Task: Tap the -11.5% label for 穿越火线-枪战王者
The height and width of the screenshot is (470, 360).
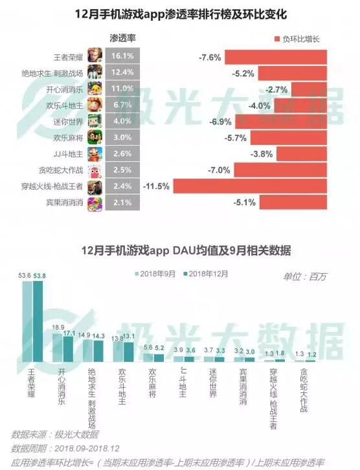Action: click(x=156, y=186)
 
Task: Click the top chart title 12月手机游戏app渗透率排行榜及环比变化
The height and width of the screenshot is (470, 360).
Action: click(x=181, y=14)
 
